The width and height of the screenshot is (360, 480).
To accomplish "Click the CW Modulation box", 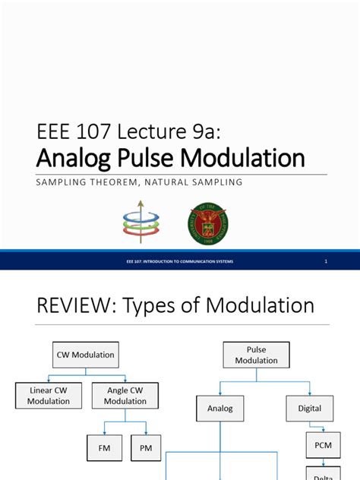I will pyautogui.click(x=86, y=355).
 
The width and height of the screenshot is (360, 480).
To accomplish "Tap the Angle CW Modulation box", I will pyautogui.click(x=125, y=395).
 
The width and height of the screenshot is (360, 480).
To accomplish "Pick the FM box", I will pyautogui.click(x=105, y=449).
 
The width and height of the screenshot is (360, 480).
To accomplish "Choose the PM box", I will pyautogui.click(x=146, y=449).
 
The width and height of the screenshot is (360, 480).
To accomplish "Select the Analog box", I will pyautogui.click(x=220, y=409).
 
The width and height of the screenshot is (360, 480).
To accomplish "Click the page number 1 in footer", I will pyautogui.click(x=325, y=261).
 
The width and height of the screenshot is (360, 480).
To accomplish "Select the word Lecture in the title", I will pyautogui.click(x=152, y=131).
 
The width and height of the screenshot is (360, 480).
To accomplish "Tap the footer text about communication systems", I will pyautogui.click(x=179, y=261).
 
